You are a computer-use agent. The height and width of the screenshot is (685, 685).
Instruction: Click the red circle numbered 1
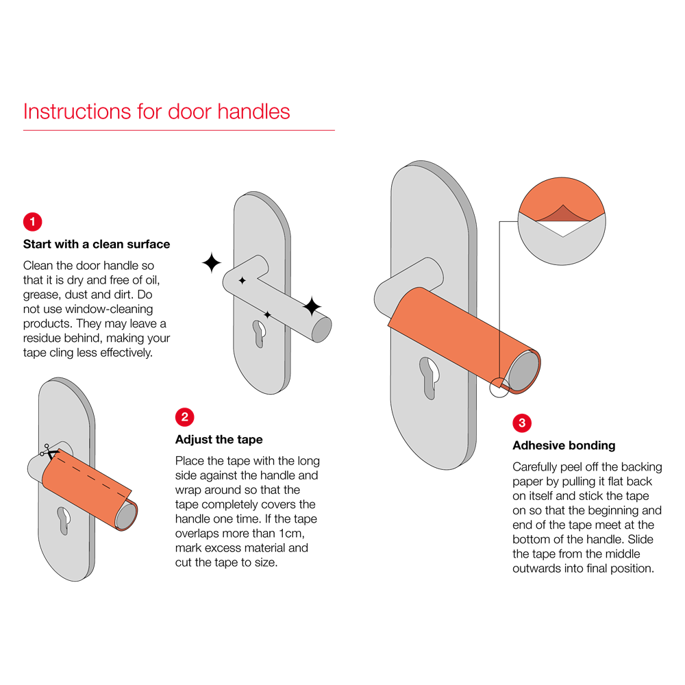tap(32, 222)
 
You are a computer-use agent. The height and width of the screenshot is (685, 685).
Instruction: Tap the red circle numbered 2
tap(184, 417)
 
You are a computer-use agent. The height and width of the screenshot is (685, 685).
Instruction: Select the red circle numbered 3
tap(521, 423)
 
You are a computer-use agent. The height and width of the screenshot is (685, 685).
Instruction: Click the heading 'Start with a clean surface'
tap(97, 245)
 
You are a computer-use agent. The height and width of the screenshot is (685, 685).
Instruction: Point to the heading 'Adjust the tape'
tap(219, 440)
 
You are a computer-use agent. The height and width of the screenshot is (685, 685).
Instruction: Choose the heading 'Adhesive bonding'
tap(564, 446)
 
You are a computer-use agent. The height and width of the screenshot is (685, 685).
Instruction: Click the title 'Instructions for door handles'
tap(156, 112)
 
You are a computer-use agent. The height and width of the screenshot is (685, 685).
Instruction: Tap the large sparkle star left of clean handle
tap(212, 262)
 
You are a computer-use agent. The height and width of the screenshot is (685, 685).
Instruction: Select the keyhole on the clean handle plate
tap(260, 334)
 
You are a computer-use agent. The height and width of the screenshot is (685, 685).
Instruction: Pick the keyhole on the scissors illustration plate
tap(64, 521)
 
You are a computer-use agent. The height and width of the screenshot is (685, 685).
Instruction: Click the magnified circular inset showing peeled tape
tap(562, 221)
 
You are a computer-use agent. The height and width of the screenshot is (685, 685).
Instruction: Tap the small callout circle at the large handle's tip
tap(499, 388)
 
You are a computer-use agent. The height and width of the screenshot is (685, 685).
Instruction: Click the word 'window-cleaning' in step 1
tap(109, 310)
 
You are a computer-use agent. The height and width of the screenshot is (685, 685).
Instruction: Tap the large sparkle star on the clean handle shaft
tap(312, 306)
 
